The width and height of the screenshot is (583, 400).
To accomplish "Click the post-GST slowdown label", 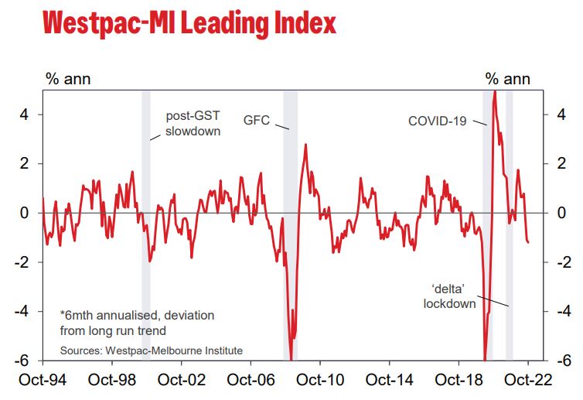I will click(x=193, y=124).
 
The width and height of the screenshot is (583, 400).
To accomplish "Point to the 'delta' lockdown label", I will click(x=449, y=296).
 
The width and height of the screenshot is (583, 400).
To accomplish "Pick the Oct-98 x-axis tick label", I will click(x=113, y=381).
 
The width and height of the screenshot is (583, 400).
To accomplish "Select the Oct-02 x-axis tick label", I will click(x=182, y=381).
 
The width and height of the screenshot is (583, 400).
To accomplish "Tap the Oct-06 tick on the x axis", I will click(x=252, y=381).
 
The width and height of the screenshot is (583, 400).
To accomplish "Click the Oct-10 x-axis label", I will click(x=321, y=381).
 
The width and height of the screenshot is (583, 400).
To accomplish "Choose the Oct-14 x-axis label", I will click(x=390, y=381).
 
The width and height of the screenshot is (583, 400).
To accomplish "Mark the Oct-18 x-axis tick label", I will click(x=460, y=381).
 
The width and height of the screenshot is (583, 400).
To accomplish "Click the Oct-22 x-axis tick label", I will click(x=529, y=381).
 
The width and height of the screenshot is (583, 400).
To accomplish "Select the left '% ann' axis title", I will click(x=65, y=78).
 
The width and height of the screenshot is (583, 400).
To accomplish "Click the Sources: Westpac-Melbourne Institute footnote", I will click(x=152, y=350).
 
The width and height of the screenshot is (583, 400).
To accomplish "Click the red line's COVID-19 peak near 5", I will click(x=494, y=93).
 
